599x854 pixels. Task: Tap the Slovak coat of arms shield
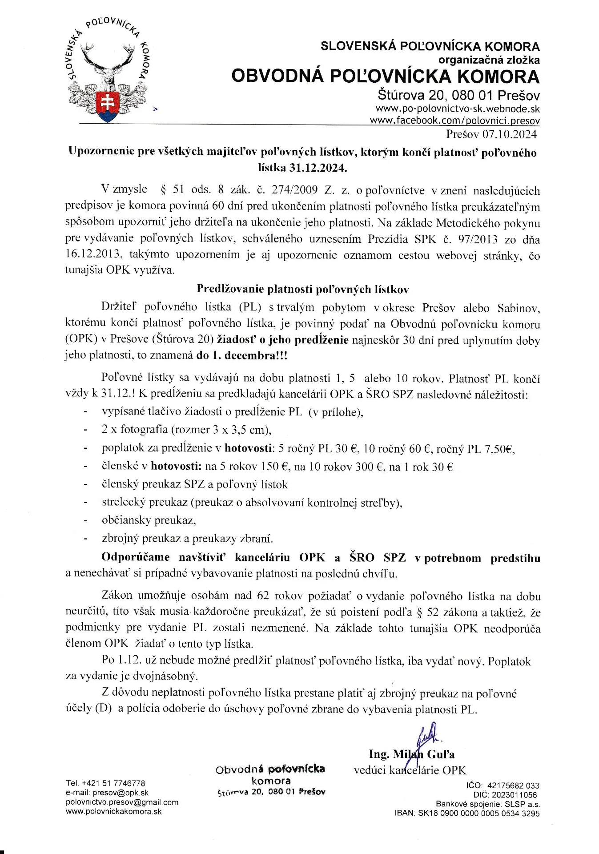[107, 106]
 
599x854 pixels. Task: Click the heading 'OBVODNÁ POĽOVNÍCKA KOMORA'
[385, 77]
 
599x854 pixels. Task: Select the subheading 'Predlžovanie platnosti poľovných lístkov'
[302, 289]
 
